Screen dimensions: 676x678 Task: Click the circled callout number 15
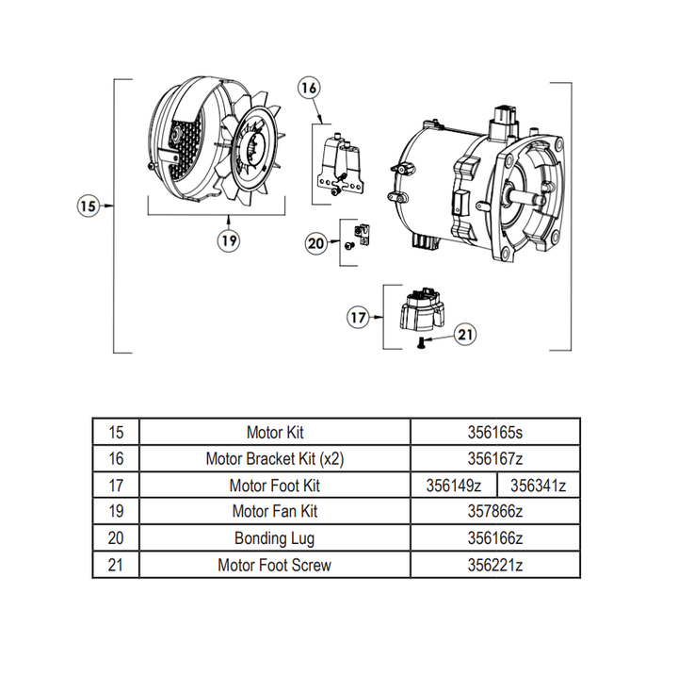click(x=88, y=205)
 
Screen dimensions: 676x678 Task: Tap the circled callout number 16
click(x=309, y=89)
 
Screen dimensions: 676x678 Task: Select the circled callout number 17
click(x=359, y=318)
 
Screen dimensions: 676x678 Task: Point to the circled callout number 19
click(x=227, y=240)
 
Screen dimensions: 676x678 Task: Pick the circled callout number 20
click(x=317, y=242)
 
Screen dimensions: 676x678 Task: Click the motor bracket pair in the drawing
click(x=340, y=166)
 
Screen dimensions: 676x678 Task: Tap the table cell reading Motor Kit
click(x=274, y=433)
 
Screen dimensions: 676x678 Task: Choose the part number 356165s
click(x=494, y=433)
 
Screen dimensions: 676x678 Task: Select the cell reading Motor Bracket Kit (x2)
click(x=274, y=459)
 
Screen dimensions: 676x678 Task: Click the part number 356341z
click(x=537, y=486)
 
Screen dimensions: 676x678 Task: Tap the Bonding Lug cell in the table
click(x=274, y=538)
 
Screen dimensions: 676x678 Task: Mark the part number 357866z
click(x=494, y=512)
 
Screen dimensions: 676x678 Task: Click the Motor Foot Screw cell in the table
click(x=274, y=565)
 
